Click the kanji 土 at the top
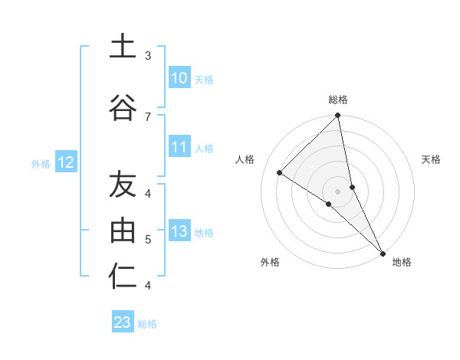point(123,46)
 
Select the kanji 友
point(123,184)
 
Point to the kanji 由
point(123,230)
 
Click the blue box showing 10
point(179,78)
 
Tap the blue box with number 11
point(179,148)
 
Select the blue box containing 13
point(179,232)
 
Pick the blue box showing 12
point(65,162)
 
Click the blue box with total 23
point(123,322)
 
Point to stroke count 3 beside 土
point(148,55)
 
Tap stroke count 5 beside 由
point(148,239)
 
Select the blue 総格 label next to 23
point(148,324)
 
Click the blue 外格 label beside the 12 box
point(41,163)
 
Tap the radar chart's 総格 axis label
point(338,100)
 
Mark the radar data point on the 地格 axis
point(382,252)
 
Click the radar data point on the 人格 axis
point(280,173)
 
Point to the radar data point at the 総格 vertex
point(338,116)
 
